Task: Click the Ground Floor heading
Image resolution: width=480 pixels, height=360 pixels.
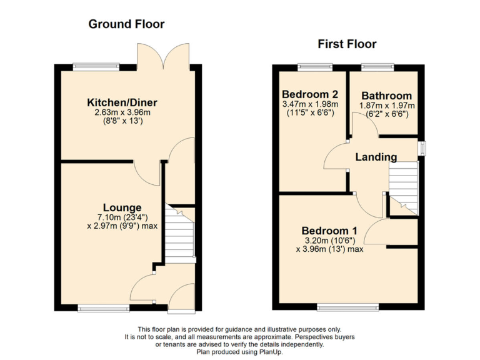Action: [126, 24]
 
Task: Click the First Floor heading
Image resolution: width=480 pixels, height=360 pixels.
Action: [347, 44]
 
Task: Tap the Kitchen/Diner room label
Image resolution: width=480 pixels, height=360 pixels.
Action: [122, 102]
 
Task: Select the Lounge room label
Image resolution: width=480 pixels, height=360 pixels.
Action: [122, 207]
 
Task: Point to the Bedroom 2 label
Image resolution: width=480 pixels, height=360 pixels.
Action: [310, 95]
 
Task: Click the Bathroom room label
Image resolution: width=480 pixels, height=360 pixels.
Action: [386, 96]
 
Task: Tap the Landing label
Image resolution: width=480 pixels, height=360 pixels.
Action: [376, 157]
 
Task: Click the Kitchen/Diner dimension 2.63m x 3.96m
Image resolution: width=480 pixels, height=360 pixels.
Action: [122, 112]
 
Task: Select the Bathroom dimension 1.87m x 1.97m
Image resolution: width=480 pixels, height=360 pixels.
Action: [387, 106]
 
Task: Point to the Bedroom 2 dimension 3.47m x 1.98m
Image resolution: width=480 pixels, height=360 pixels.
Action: [310, 104]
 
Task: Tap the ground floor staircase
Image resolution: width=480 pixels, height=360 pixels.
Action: [179, 235]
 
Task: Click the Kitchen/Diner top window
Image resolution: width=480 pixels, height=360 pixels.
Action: [96, 66]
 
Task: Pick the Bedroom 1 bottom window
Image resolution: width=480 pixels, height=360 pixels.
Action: [347, 307]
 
